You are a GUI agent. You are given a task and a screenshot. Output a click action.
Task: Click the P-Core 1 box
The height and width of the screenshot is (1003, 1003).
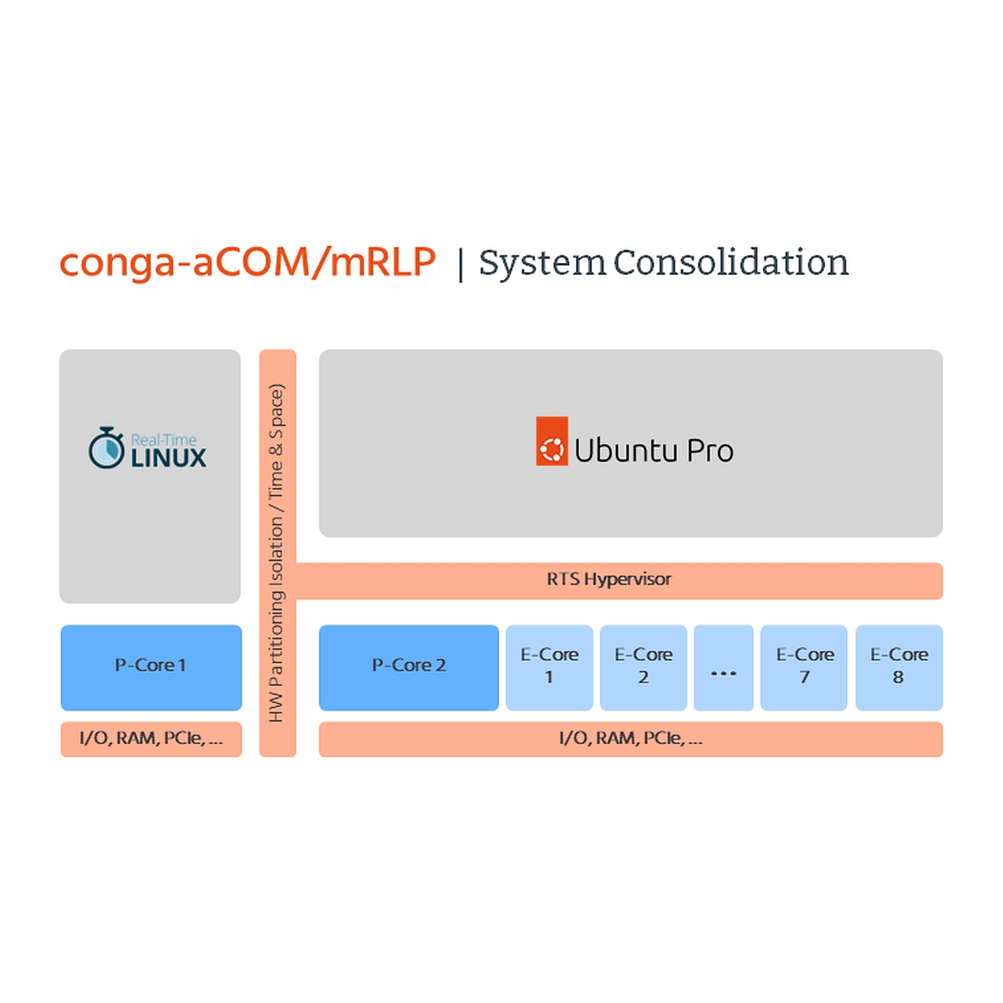click(x=151, y=667)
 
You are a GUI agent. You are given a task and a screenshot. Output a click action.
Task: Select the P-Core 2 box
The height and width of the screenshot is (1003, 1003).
click(x=408, y=667)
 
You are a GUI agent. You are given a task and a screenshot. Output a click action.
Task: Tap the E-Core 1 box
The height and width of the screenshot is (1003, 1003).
click(x=549, y=667)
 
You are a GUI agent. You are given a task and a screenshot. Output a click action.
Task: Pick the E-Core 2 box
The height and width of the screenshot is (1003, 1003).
click(x=643, y=667)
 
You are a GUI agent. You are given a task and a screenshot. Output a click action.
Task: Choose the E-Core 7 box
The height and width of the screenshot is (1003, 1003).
click(x=804, y=667)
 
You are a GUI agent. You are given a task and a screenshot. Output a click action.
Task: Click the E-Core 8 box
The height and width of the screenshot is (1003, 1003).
click(x=899, y=667)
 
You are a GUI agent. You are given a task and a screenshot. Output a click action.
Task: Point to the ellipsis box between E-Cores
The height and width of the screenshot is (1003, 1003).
click(x=723, y=667)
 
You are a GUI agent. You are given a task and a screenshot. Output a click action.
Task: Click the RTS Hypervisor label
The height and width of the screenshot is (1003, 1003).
click(x=609, y=579)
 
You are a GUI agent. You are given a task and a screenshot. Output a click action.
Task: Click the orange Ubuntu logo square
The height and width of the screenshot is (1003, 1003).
click(x=552, y=441)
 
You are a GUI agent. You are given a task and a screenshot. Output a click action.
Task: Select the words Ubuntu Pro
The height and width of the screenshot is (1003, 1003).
click(x=654, y=451)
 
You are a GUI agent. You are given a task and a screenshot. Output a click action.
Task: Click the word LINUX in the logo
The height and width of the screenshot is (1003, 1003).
click(x=168, y=458)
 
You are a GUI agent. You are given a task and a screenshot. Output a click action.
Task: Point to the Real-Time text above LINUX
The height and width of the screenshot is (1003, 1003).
click(x=163, y=440)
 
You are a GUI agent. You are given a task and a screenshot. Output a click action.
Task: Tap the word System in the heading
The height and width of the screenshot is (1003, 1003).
click(x=543, y=264)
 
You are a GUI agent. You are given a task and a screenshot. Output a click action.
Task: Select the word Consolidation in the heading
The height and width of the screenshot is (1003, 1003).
click(x=731, y=262)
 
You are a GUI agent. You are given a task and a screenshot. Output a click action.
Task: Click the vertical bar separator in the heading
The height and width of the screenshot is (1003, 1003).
click(x=460, y=265)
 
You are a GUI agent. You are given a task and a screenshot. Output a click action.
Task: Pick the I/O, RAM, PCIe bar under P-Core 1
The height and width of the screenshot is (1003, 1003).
click(x=151, y=739)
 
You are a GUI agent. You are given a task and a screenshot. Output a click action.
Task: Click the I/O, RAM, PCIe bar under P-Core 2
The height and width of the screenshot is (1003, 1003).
click(x=630, y=739)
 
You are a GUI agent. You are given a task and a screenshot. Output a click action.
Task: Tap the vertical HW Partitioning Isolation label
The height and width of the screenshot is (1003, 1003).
click(x=277, y=552)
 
